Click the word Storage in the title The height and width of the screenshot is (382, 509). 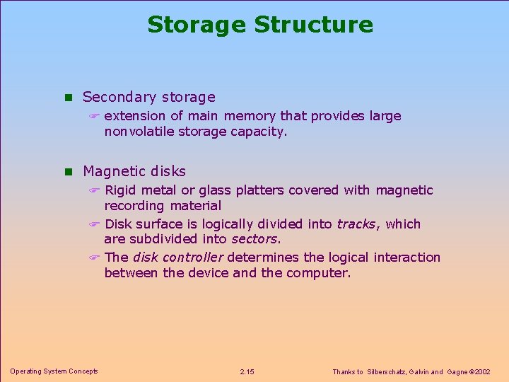pyautogui.click(x=197, y=25)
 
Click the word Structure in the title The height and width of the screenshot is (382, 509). pyautogui.click(x=313, y=25)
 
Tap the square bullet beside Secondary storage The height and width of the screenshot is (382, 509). pyautogui.click(x=68, y=98)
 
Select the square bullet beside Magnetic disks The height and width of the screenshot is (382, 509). pyautogui.click(x=68, y=172)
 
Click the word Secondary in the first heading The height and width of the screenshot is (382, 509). pyautogui.click(x=119, y=98)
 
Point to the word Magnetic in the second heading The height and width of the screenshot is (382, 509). pyautogui.click(x=113, y=171)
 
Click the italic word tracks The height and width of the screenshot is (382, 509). pyautogui.click(x=356, y=224)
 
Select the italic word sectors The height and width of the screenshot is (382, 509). pyautogui.click(x=255, y=239)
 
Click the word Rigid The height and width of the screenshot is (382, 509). pyautogui.click(x=120, y=190)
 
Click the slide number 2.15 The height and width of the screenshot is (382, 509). pyautogui.click(x=247, y=371)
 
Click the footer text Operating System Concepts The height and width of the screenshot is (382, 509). pyautogui.click(x=54, y=371)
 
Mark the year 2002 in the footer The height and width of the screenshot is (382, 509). pyautogui.click(x=482, y=371)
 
